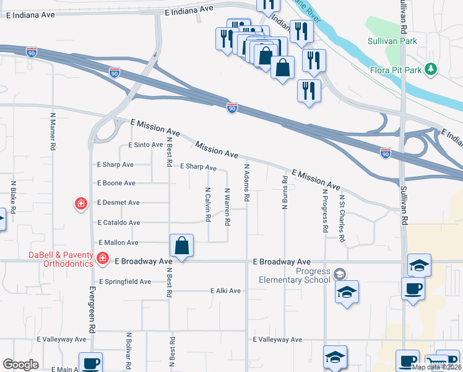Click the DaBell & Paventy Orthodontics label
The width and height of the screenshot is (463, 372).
pos(60,259)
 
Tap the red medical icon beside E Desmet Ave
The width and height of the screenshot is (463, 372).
pos(80,203)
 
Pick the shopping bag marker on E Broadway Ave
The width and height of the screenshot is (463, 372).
pos(182,246)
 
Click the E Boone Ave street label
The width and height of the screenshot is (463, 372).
pos(116,184)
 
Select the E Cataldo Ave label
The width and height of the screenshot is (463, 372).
pos(118,223)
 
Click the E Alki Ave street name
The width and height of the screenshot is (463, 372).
pos(225,291)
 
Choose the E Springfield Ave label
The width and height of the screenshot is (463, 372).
pos(124,281)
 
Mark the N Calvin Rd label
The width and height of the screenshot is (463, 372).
pos(207,205)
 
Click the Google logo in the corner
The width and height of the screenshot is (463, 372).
pos(21,365)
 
